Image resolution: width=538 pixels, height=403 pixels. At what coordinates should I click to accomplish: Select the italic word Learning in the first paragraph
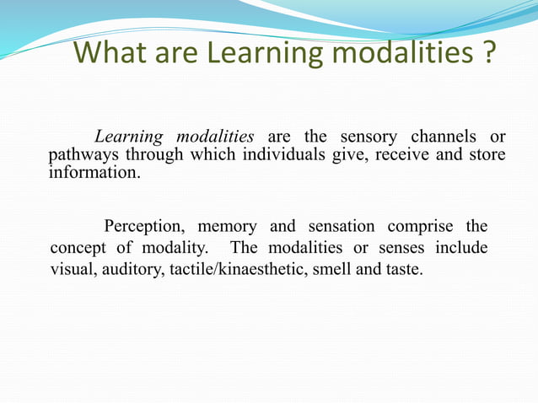[x=127, y=137]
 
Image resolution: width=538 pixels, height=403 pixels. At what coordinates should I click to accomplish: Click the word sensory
[x=370, y=137]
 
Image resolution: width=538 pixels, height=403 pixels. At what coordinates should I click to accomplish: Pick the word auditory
[x=127, y=271]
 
